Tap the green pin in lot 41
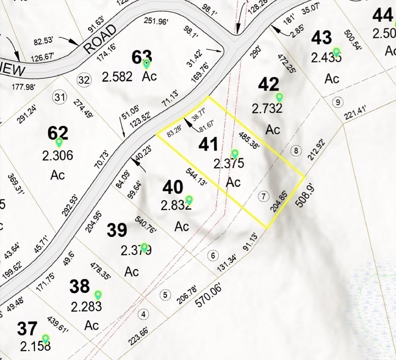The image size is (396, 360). pos(235,154)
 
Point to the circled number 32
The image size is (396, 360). pos(84,80)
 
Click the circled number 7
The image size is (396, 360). pos(264,196)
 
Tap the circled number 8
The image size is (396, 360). pos(296,150)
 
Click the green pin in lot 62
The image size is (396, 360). pos(59,142)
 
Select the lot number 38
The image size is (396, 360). pos(80,286)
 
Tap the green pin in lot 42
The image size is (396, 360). pos(280,97)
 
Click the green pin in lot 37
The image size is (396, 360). pos(46,338)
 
